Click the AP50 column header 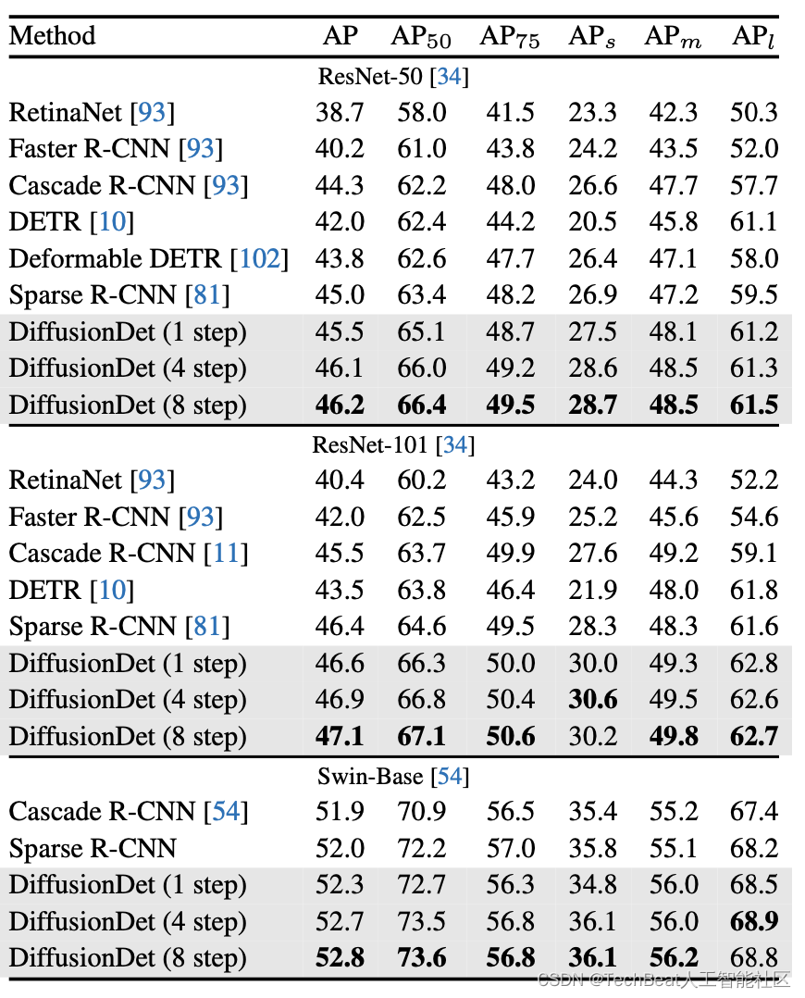coord(421,37)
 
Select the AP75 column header coord(510,37)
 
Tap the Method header coord(52,36)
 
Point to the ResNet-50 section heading coord(393,76)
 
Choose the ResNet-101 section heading coord(393,444)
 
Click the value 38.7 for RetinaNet coord(340,113)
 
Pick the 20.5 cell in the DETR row coord(593,222)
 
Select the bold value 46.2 coord(340,405)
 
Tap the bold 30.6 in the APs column coord(593,700)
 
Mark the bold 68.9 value coord(754,921)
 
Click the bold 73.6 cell coord(422,958)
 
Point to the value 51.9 coord(340,812)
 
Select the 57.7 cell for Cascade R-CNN coord(754,186)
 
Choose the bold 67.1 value coord(422,737)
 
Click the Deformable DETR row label coord(116,259)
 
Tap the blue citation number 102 coord(260,259)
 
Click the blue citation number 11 coord(227,554)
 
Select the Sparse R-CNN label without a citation coord(93,848)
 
